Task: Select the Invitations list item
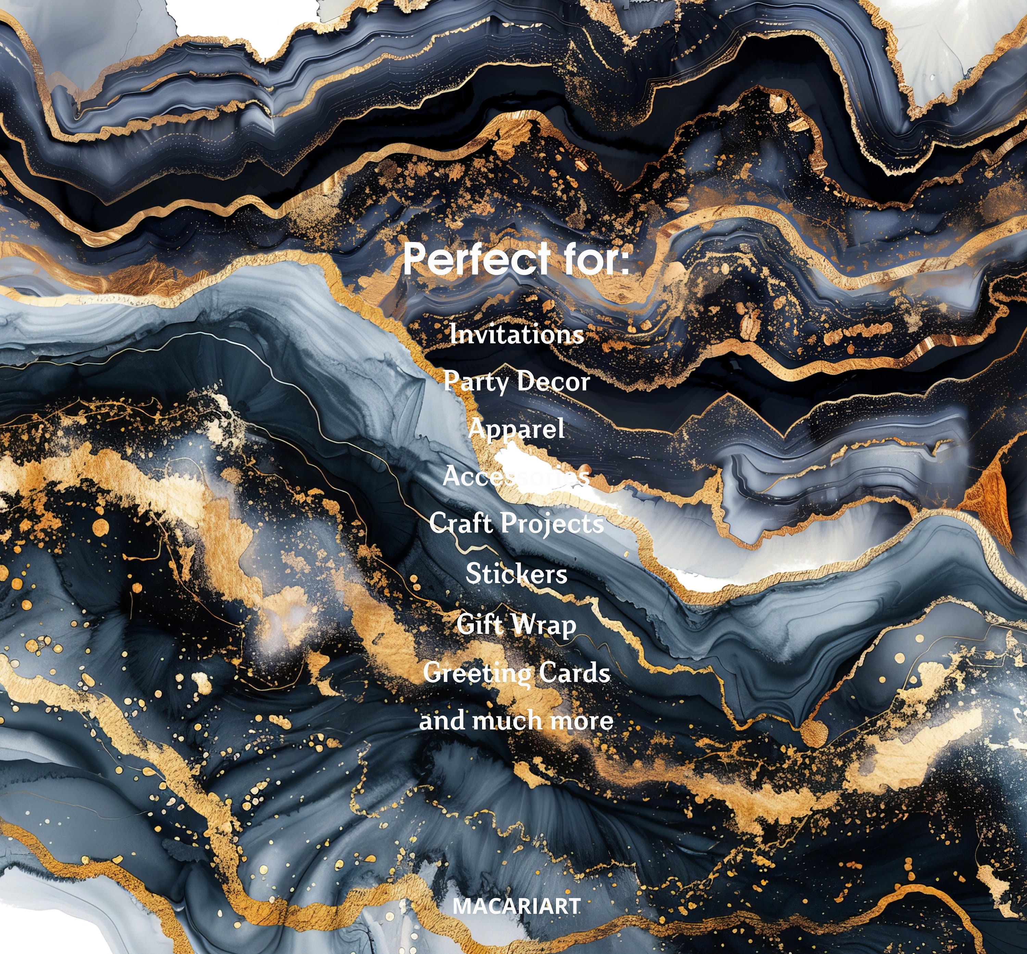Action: pos(516,334)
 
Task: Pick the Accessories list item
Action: pos(516,476)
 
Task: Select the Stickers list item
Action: pos(516,574)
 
